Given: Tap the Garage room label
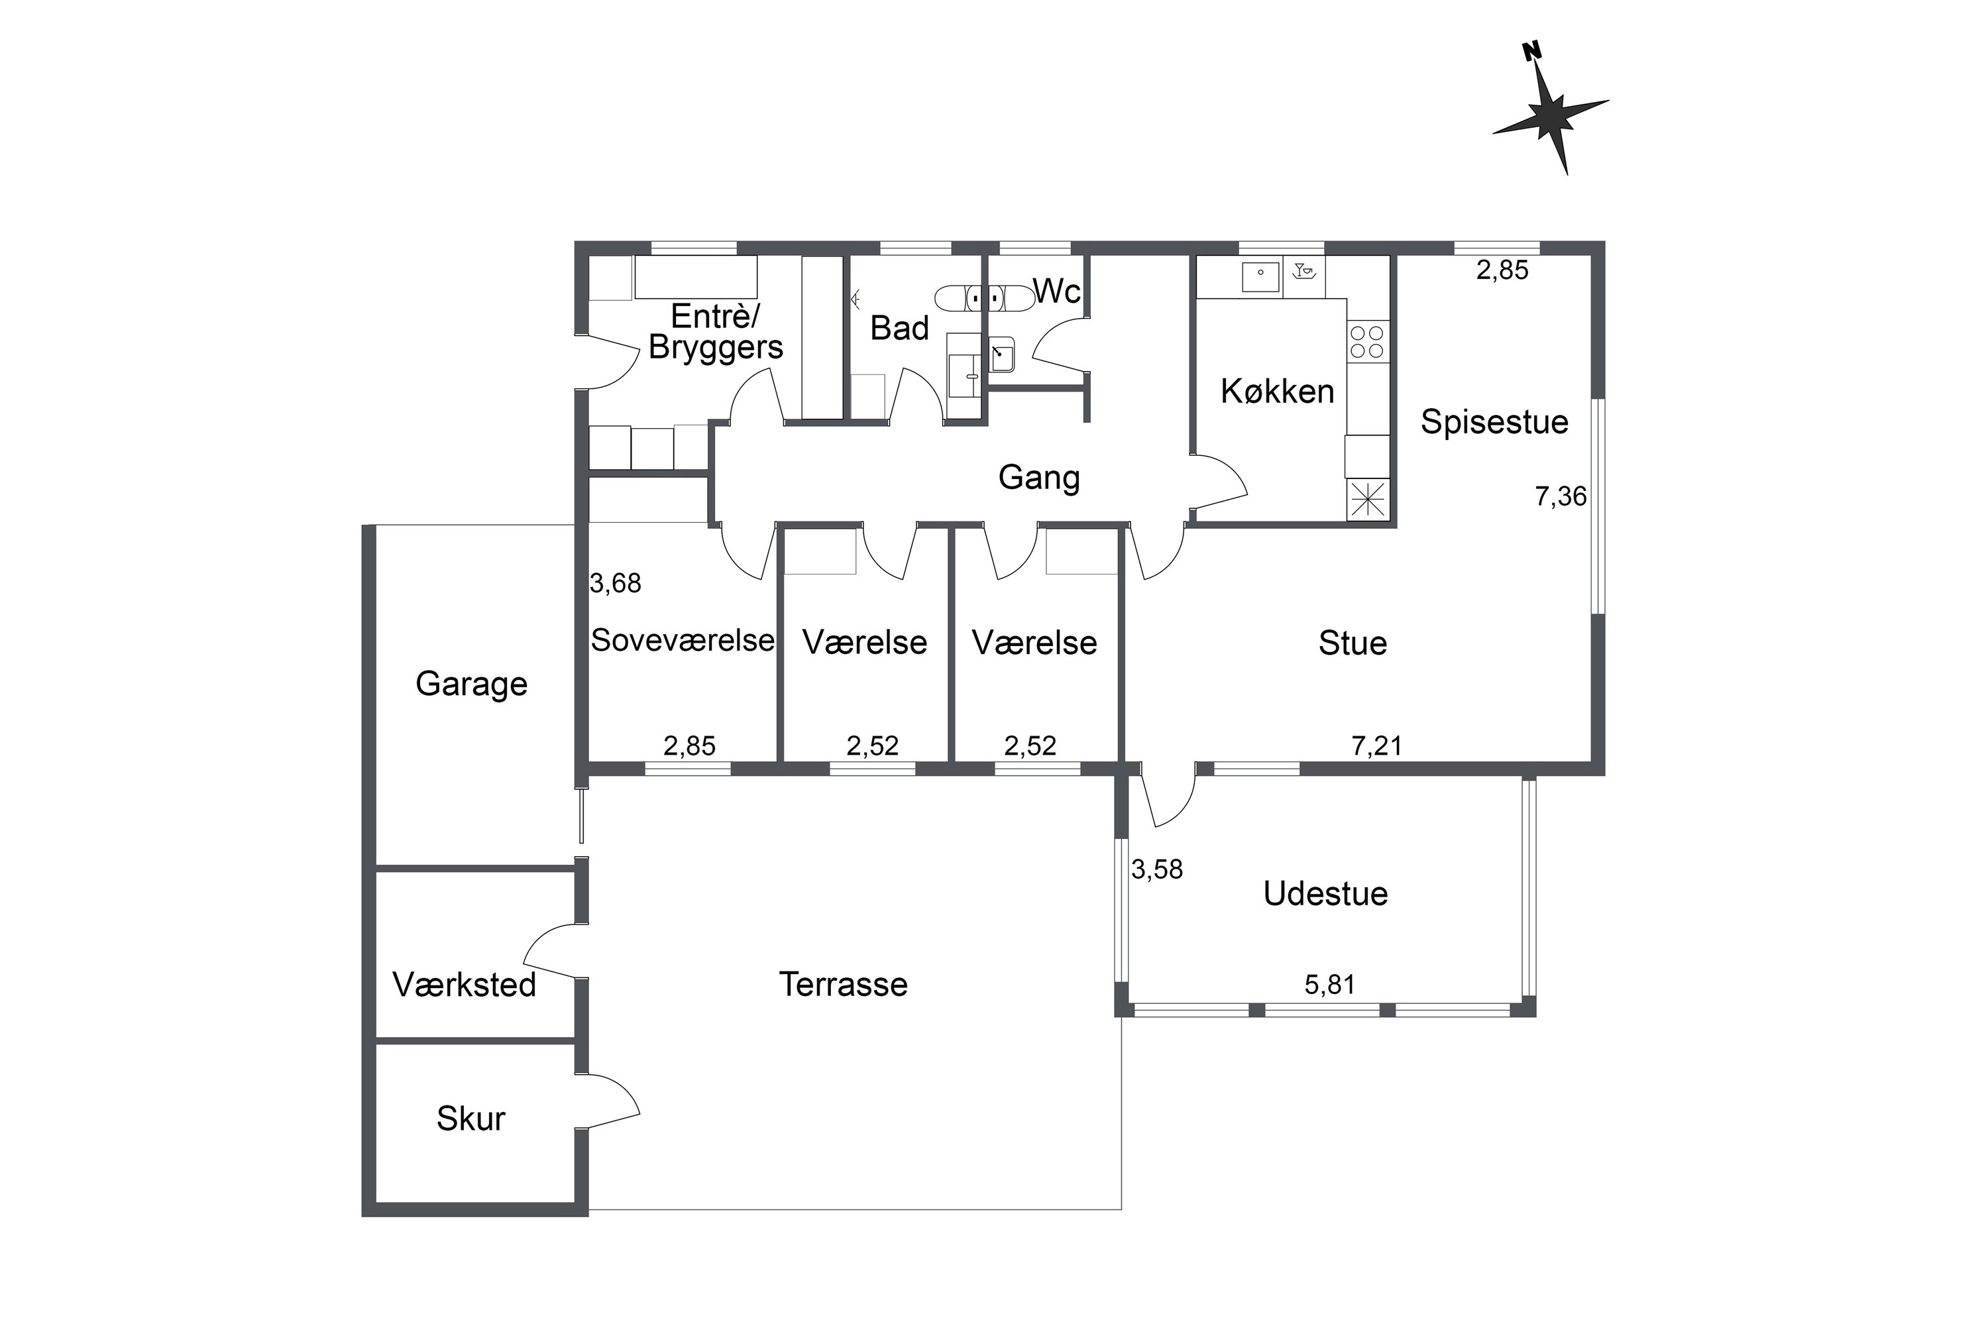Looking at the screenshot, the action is tap(471, 684).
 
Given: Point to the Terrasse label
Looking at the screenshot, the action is tap(843, 984).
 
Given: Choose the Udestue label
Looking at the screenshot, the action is tap(1326, 894).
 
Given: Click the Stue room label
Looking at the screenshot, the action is tap(1353, 643).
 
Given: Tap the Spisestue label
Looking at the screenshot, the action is tap(1494, 422).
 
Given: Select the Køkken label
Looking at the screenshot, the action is tap(1278, 392).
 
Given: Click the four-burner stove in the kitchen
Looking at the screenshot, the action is tap(1367, 342).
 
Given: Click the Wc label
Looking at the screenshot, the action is tap(1057, 291).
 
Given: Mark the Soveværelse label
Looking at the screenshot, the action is tap(683, 640).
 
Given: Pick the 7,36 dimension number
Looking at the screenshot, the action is tap(1561, 496).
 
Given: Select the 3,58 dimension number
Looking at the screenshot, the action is tap(1158, 869).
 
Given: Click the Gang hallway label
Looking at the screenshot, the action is tap(1039, 478).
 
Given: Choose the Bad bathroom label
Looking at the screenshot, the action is tap(900, 328).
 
